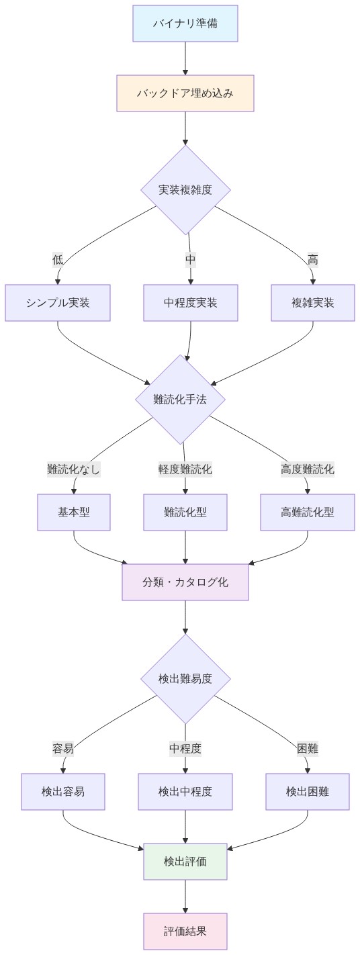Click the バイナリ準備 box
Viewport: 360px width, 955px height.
pos(185,24)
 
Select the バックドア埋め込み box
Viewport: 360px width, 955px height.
pos(185,93)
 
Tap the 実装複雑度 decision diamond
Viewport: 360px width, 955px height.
pos(185,190)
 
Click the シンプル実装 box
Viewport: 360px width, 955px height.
pos(58,303)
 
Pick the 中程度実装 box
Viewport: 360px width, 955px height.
pos(191,303)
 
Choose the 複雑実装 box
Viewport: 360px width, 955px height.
pos(313,303)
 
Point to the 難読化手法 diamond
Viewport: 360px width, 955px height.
pos(180,400)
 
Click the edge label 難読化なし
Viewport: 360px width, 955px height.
pos(74,469)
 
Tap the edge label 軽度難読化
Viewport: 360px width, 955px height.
pos(185,469)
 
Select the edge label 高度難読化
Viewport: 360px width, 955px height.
pos(308,469)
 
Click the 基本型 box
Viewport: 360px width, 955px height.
pos(74,512)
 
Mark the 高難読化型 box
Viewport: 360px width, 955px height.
pos(308,512)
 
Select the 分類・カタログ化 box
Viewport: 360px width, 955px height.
pos(185,582)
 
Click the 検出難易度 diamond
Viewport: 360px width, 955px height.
pos(185,679)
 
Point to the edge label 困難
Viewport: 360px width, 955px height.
pos(308,749)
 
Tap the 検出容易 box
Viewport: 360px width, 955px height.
pos(63,792)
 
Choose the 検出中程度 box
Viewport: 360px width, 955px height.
pos(185,792)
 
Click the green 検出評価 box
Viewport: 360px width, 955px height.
pos(185,862)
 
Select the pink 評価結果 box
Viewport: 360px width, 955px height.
pos(185,931)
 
